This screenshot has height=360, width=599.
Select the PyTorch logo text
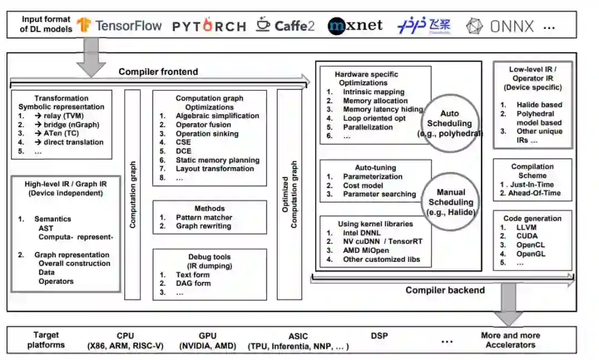[x=209, y=26]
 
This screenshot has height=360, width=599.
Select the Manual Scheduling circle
[x=450, y=201]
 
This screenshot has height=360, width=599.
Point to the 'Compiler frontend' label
[x=158, y=72]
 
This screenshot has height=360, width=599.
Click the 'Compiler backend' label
[x=445, y=290]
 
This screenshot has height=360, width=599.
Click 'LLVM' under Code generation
[x=526, y=227]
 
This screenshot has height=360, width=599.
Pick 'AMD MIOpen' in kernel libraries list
[x=366, y=250]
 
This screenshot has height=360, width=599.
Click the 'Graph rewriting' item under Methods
[x=203, y=226]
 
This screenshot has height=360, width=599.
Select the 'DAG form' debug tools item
[x=193, y=283]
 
